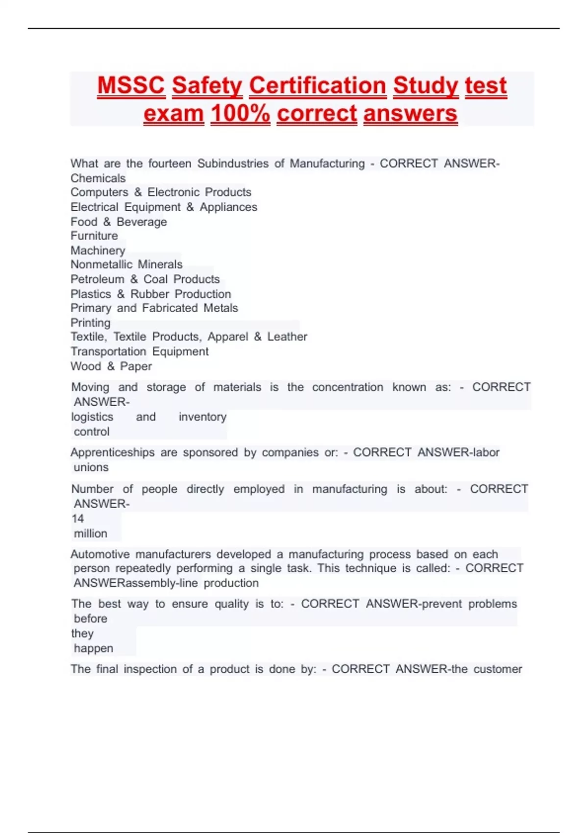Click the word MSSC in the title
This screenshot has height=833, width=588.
click(131, 86)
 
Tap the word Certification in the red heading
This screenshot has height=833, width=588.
click(318, 86)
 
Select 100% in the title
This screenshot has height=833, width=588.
click(240, 114)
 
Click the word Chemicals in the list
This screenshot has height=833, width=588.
click(98, 178)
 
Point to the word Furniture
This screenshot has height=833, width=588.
click(94, 236)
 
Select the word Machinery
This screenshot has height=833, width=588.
click(98, 250)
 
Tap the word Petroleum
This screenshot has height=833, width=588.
click(98, 279)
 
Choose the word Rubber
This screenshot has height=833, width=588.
click(150, 294)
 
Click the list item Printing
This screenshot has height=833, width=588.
click(91, 323)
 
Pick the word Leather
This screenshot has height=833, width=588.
click(287, 337)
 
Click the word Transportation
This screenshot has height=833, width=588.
click(108, 351)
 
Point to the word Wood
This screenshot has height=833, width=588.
click(86, 366)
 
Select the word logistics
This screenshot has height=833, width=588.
click(92, 417)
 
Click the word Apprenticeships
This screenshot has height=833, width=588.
click(112, 452)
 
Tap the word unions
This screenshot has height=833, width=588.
click(91, 467)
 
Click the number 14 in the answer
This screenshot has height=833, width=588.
click(78, 518)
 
